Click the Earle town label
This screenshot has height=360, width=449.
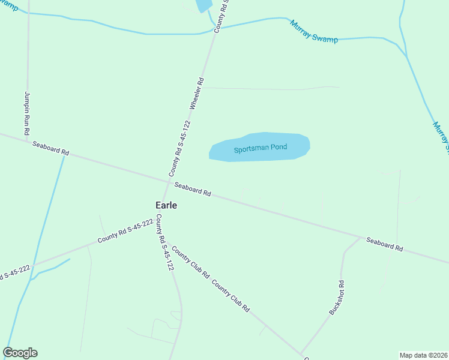click(x=166, y=205)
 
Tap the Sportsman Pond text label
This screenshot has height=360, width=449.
click(x=261, y=148)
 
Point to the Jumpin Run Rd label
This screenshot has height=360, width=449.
click(x=28, y=113)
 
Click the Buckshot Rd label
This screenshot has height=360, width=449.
click(x=337, y=298)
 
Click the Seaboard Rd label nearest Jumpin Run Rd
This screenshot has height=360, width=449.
click(x=50, y=148)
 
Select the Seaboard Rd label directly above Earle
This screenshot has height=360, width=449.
click(x=193, y=190)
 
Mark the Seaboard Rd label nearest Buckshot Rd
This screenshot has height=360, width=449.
click(x=384, y=244)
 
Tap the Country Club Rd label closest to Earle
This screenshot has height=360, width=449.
click(x=190, y=262)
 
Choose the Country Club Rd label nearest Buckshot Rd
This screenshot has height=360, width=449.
click(x=231, y=296)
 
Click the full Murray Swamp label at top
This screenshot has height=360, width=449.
click(x=313, y=32)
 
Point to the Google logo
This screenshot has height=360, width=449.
click(x=20, y=353)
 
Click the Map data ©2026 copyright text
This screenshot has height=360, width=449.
click(x=424, y=355)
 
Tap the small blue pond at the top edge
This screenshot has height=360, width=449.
click(x=203, y=5)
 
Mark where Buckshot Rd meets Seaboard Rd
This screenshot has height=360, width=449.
click(x=361, y=237)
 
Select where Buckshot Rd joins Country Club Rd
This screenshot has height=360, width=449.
click(x=301, y=353)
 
